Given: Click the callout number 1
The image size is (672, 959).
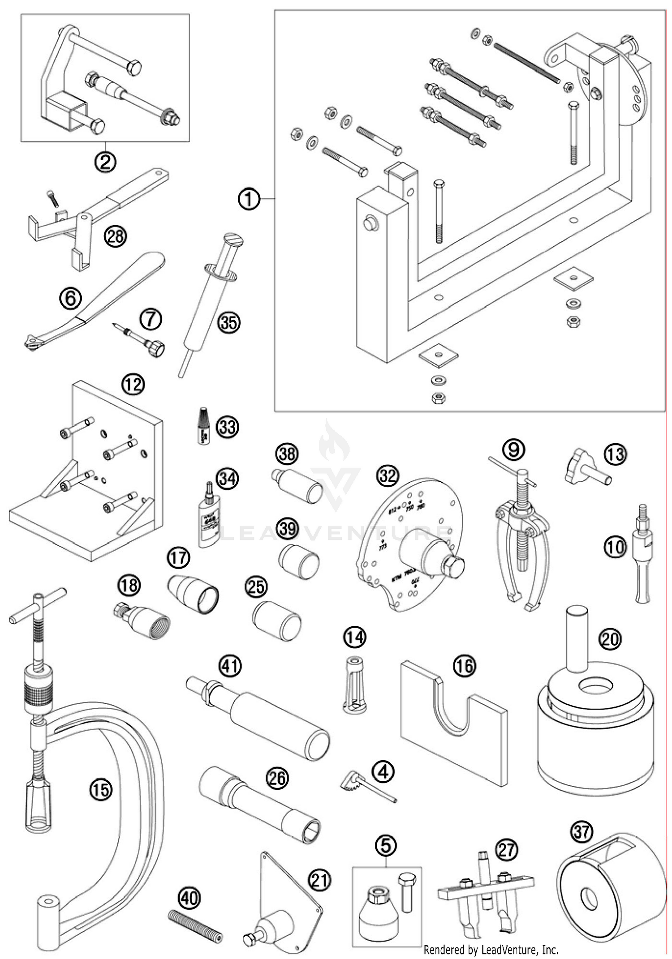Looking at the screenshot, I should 249,198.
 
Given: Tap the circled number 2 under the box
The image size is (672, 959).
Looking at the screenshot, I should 105,162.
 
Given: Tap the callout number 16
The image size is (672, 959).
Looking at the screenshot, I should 465,666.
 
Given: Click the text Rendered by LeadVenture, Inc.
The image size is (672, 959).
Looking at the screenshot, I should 491,949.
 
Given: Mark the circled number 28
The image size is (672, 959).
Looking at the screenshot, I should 115,235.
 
